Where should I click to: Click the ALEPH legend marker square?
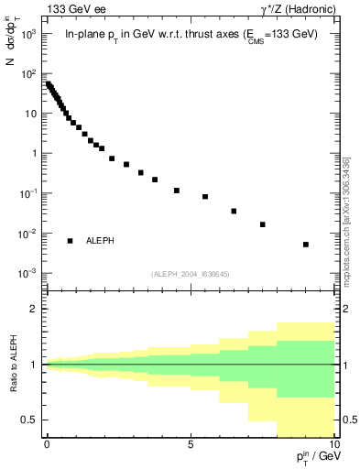[x=70, y=241]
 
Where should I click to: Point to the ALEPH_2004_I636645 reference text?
[x=190, y=274]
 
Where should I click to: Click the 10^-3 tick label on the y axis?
[x=28, y=274]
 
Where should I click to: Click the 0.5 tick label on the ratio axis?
[x=29, y=420]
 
